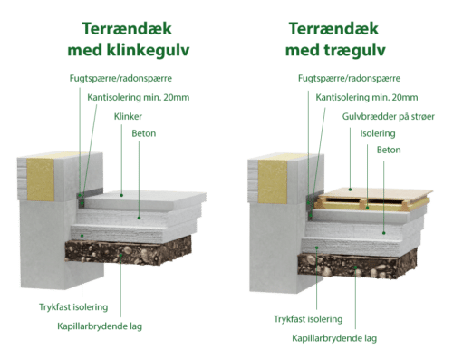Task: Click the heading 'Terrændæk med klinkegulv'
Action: (x=128, y=39)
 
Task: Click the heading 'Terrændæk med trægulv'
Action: (x=334, y=39)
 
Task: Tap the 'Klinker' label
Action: (x=128, y=116)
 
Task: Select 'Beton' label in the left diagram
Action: (x=144, y=133)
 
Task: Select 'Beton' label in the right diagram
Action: (x=389, y=150)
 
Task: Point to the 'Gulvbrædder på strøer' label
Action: (x=389, y=116)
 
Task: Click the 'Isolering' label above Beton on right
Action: (x=378, y=133)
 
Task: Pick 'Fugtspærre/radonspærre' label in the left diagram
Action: (x=120, y=78)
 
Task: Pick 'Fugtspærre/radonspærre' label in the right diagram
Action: (x=349, y=78)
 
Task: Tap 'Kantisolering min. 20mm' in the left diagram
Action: (x=139, y=97)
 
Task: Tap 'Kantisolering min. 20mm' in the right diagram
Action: (x=367, y=97)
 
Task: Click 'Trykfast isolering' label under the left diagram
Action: (x=73, y=307)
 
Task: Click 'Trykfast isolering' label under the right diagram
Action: (x=308, y=319)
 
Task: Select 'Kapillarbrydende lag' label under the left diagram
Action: (x=100, y=326)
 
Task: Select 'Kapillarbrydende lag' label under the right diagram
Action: (x=334, y=338)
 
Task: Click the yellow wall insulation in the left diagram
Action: (x=41, y=179)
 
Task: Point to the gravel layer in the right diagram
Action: (x=357, y=266)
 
